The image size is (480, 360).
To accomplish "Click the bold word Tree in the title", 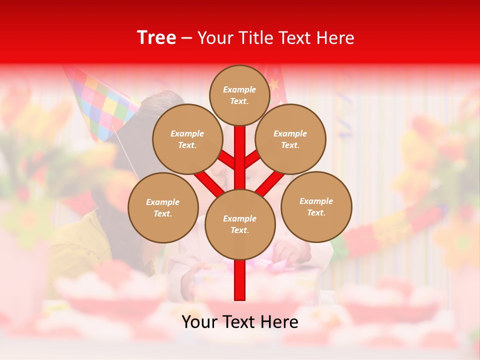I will (x=156, y=38).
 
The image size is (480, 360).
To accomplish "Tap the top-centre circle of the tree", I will (x=239, y=95).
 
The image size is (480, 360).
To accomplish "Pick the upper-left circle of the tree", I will (x=187, y=139).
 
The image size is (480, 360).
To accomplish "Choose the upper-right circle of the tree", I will (x=290, y=139).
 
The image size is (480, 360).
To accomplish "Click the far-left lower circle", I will (x=163, y=207).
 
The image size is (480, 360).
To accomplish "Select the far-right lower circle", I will (x=316, y=206).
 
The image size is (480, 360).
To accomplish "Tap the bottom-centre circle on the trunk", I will (x=240, y=224).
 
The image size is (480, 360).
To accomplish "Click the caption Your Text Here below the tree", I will (x=240, y=322).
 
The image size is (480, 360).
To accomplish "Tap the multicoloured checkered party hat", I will (x=102, y=102).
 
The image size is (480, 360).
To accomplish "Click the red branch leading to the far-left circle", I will (x=209, y=182).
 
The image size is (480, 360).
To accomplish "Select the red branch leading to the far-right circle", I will (x=270, y=183).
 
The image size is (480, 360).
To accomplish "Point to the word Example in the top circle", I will (x=239, y=89).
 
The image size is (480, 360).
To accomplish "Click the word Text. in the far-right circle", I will (x=316, y=212).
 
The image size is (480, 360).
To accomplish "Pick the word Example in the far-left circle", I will (x=162, y=202).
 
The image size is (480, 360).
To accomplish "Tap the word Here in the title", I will (x=337, y=38).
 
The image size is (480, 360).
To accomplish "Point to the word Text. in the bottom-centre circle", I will (x=240, y=230).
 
